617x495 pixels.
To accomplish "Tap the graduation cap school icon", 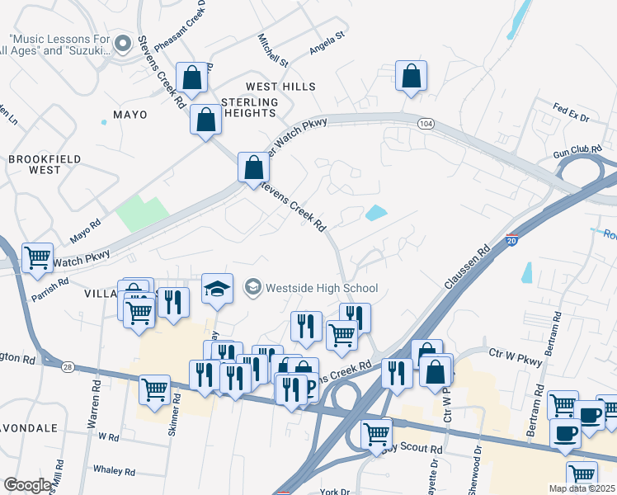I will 217,289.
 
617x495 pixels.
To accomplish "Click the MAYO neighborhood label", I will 130,115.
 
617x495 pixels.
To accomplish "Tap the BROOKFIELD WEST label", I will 34,164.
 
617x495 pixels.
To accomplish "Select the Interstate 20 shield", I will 511,239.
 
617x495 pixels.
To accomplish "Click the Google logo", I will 27,485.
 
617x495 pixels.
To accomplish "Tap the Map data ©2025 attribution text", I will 582,488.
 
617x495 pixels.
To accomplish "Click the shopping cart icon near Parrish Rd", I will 38,258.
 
